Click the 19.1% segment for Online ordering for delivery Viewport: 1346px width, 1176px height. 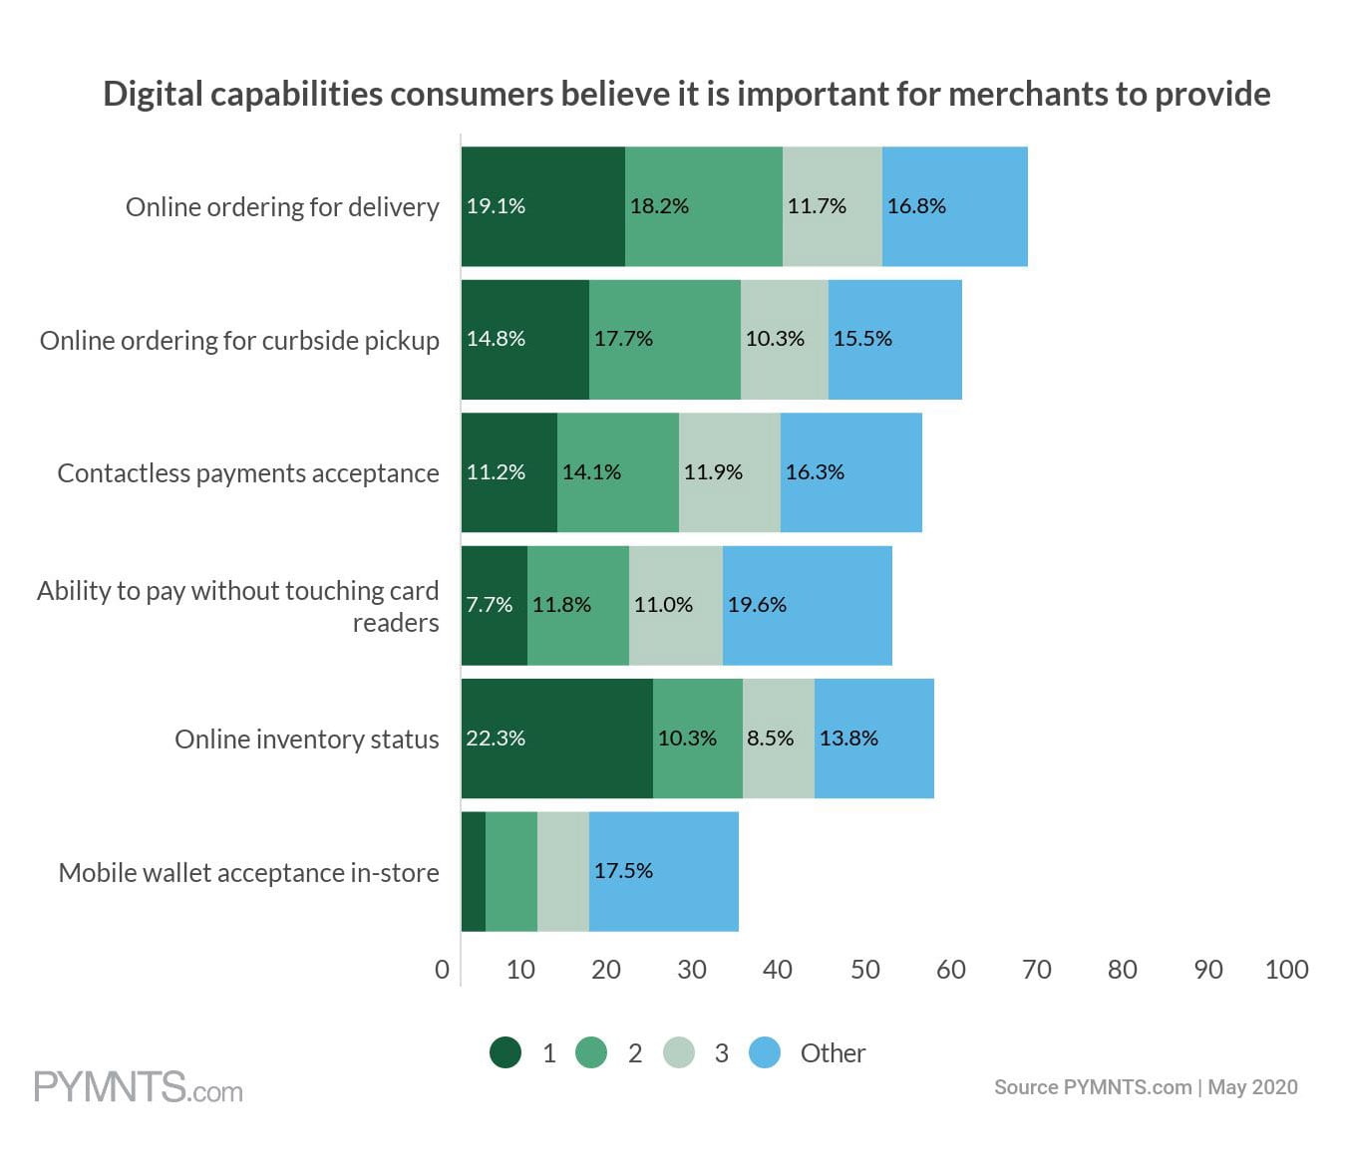(x=542, y=206)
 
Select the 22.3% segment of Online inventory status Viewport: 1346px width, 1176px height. (x=556, y=738)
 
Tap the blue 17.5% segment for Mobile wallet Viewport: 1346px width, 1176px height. (x=663, y=871)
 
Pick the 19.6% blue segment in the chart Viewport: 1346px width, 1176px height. (x=807, y=605)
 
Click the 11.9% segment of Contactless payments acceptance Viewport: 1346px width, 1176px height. (x=729, y=472)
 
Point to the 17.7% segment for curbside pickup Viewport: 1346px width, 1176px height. (x=664, y=340)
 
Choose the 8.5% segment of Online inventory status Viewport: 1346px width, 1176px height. (x=778, y=738)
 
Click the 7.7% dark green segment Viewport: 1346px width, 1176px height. (x=494, y=605)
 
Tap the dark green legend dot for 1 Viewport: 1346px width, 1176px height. (x=505, y=1052)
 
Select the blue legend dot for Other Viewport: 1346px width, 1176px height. (x=765, y=1052)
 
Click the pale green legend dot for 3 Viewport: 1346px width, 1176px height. (x=679, y=1052)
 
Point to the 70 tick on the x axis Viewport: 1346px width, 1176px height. (x=1036, y=970)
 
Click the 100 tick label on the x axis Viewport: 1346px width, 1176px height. (x=1286, y=970)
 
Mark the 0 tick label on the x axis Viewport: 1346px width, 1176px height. (x=442, y=970)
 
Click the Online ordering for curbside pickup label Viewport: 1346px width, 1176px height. (x=239, y=341)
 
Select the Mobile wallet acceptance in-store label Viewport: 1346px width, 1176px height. (x=248, y=873)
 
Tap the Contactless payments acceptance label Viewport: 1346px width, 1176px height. (x=248, y=473)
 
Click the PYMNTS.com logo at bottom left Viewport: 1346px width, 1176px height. (x=139, y=1086)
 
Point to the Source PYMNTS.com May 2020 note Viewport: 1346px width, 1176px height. (x=1145, y=1087)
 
